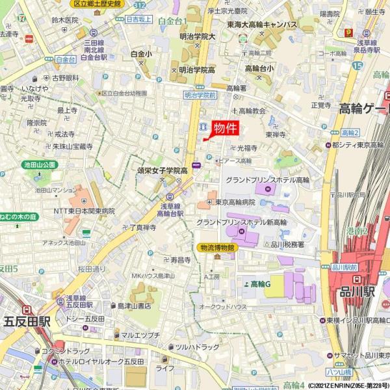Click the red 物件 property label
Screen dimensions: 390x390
tap(225, 128)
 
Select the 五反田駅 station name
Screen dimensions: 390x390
tap(27, 320)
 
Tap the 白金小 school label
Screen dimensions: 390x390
tap(141, 54)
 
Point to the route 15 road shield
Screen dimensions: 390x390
tap(357, 65)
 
